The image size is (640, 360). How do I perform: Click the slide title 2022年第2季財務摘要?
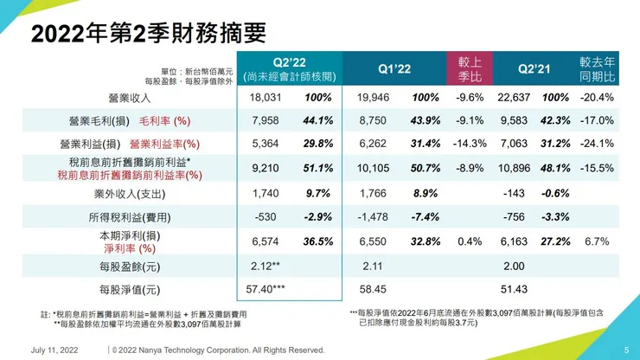point(148,34)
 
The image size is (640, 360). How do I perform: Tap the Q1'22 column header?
point(394,68)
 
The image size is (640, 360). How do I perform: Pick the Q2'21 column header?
point(534,68)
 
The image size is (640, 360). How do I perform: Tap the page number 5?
point(626,350)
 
